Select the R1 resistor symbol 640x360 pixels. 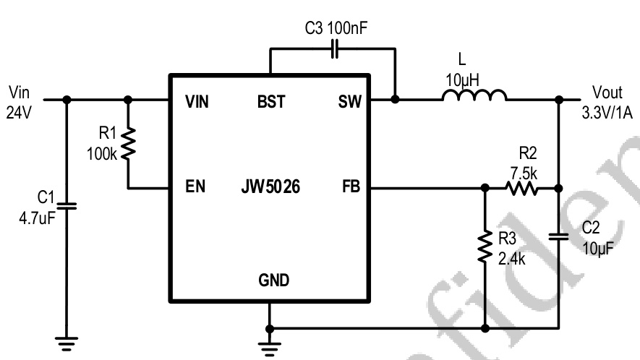128,144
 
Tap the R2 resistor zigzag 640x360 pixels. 521,189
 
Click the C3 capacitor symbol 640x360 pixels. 333,49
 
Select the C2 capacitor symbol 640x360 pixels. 558,236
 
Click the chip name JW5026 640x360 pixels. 270,188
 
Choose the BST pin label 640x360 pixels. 270,103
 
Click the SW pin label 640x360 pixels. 349,103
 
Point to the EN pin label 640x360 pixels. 195,188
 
